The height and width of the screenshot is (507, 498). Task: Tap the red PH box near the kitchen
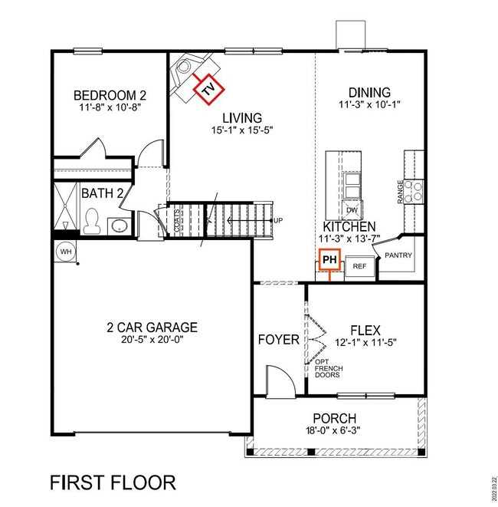click(329, 261)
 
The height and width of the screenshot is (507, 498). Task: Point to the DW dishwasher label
click(352, 210)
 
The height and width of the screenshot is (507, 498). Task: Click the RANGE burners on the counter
click(414, 190)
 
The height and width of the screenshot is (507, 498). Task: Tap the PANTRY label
click(399, 255)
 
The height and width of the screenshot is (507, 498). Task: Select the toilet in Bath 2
click(92, 222)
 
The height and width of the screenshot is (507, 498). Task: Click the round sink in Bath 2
click(119, 226)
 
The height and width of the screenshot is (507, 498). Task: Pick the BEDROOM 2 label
click(110, 95)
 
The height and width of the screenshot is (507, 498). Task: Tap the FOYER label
click(278, 338)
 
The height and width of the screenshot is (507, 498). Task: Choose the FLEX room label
click(365, 327)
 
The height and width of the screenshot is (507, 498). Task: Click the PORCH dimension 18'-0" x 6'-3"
click(335, 433)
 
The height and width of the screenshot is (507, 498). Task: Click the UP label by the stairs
click(278, 221)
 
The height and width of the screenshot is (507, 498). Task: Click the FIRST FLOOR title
click(113, 482)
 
